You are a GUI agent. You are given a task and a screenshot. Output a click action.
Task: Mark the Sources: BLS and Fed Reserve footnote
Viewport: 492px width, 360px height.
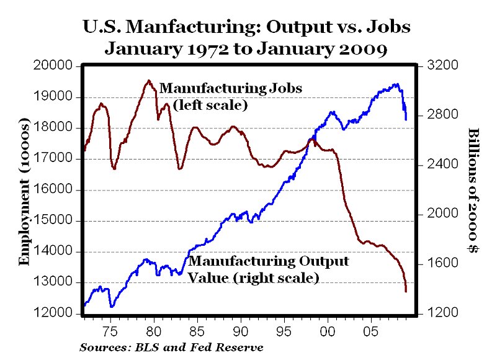(171, 348)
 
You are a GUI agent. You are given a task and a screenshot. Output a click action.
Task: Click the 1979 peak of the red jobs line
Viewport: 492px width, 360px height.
(148, 81)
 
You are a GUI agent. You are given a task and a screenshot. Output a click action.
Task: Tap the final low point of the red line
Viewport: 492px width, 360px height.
(406, 291)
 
